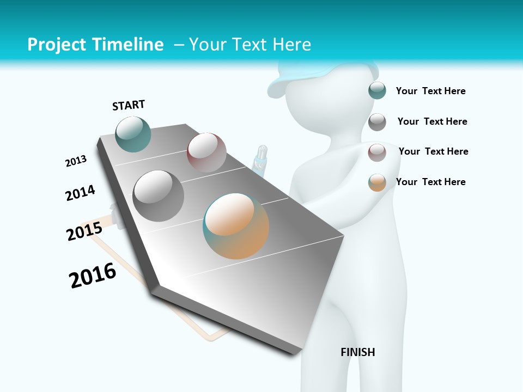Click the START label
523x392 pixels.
point(129,105)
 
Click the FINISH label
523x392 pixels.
point(358,352)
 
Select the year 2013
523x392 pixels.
point(76,161)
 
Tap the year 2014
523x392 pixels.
point(80,193)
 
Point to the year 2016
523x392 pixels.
point(93,275)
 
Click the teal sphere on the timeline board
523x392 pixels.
point(133,134)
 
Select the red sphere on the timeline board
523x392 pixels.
point(206,152)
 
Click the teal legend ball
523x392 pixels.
point(377,90)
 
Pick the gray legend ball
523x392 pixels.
point(377,122)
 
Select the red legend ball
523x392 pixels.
point(377,152)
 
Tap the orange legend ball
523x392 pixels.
point(377,182)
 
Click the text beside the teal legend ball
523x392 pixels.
point(430,91)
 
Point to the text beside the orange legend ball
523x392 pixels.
point(430,182)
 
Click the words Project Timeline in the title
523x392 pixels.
point(95,45)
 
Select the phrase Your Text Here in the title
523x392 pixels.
point(250,45)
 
